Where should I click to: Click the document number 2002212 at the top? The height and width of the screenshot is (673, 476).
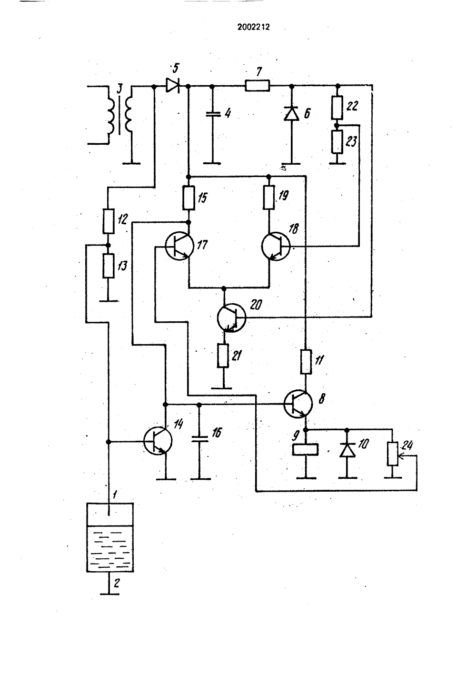(x=253, y=27)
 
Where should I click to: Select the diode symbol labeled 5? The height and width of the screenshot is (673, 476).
(x=173, y=86)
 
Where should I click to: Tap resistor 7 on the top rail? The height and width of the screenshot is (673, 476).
(x=258, y=86)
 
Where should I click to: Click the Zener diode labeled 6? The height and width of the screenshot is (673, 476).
(x=291, y=114)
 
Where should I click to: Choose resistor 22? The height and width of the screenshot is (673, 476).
(x=337, y=108)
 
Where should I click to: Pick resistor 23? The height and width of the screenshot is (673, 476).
(x=337, y=142)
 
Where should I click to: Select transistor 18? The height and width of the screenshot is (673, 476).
(x=276, y=247)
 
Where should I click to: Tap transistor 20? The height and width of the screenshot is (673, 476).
(x=231, y=317)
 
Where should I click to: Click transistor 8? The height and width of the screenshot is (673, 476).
(x=298, y=405)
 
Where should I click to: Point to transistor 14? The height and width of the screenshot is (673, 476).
(x=158, y=441)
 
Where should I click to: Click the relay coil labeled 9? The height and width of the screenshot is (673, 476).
(x=305, y=449)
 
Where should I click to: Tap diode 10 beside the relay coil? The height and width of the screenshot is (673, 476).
(x=347, y=450)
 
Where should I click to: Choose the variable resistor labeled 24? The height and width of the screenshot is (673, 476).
(x=392, y=454)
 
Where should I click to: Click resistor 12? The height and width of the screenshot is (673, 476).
(x=109, y=221)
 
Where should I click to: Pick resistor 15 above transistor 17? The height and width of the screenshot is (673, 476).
(x=188, y=198)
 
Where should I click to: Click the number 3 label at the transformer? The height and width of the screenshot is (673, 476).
(x=120, y=89)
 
